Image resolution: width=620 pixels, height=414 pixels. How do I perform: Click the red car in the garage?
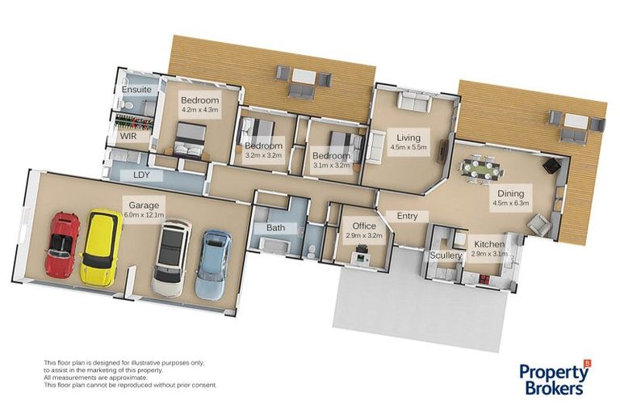[x=62, y=245]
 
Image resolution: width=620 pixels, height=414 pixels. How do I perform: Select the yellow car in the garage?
[x=101, y=246]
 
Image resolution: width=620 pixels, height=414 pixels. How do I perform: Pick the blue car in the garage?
[x=213, y=264]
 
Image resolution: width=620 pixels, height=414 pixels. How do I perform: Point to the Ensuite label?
[x=136, y=90]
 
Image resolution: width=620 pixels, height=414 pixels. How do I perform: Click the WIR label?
[x=128, y=137]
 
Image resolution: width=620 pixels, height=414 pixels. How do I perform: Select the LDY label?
[x=142, y=175]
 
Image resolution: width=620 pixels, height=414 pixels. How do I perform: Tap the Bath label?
[x=276, y=228]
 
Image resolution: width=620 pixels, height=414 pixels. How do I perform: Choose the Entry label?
[x=407, y=215]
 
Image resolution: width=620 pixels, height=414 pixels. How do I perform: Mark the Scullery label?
[x=446, y=256]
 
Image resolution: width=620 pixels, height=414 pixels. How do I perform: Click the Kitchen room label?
[x=489, y=243]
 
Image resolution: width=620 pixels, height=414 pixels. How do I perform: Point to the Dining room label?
[x=510, y=193]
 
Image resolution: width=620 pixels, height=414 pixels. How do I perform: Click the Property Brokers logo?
[x=554, y=379]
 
